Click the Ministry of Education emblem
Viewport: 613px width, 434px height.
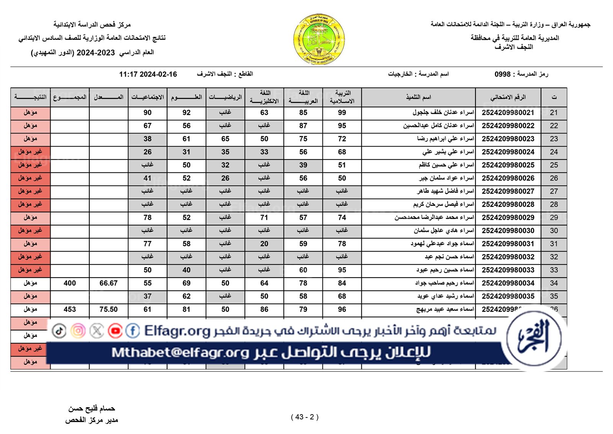click(319, 39)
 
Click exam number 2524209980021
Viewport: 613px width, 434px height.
click(508, 113)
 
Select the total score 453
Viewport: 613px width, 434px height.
click(70, 309)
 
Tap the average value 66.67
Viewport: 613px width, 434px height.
click(108, 283)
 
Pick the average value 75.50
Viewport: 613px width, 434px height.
click(108, 309)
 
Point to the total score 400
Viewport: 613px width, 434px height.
click(70, 283)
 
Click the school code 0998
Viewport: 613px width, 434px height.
click(502, 74)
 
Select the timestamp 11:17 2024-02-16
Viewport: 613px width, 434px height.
click(148, 74)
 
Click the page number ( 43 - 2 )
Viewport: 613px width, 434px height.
click(305, 417)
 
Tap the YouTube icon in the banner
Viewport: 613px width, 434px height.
click(115, 331)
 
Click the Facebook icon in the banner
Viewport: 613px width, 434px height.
click(133, 331)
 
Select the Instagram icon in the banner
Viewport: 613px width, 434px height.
click(78, 331)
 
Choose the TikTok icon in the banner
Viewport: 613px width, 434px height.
click(59, 331)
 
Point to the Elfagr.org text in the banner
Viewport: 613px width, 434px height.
click(177, 331)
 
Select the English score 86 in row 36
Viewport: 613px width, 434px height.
click(264, 309)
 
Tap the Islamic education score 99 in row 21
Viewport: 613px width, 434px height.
click(342, 113)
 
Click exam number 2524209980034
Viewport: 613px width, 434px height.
click(508, 283)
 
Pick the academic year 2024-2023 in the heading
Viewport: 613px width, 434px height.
click(96, 53)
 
